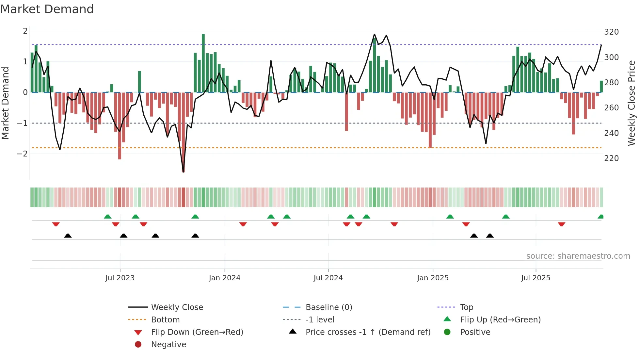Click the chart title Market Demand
click(x=47, y=9)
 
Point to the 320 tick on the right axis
click(x=611, y=32)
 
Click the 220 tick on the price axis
click(x=611, y=158)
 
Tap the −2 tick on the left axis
click(x=23, y=154)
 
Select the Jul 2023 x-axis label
click(x=120, y=278)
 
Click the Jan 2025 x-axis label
click(x=433, y=278)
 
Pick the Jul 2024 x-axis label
click(x=328, y=278)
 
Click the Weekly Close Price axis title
click(x=632, y=103)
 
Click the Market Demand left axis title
click(x=6, y=103)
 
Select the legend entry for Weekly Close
click(x=177, y=307)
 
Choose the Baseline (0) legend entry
click(x=328, y=307)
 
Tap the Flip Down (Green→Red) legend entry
click(x=197, y=332)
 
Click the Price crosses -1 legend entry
click(x=368, y=332)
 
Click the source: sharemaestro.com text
click(x=578, y=256)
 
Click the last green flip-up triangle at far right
click(x=600, y=217)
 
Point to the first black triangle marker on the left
click(x=68, y=236)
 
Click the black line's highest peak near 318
click(x=374, y=34)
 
